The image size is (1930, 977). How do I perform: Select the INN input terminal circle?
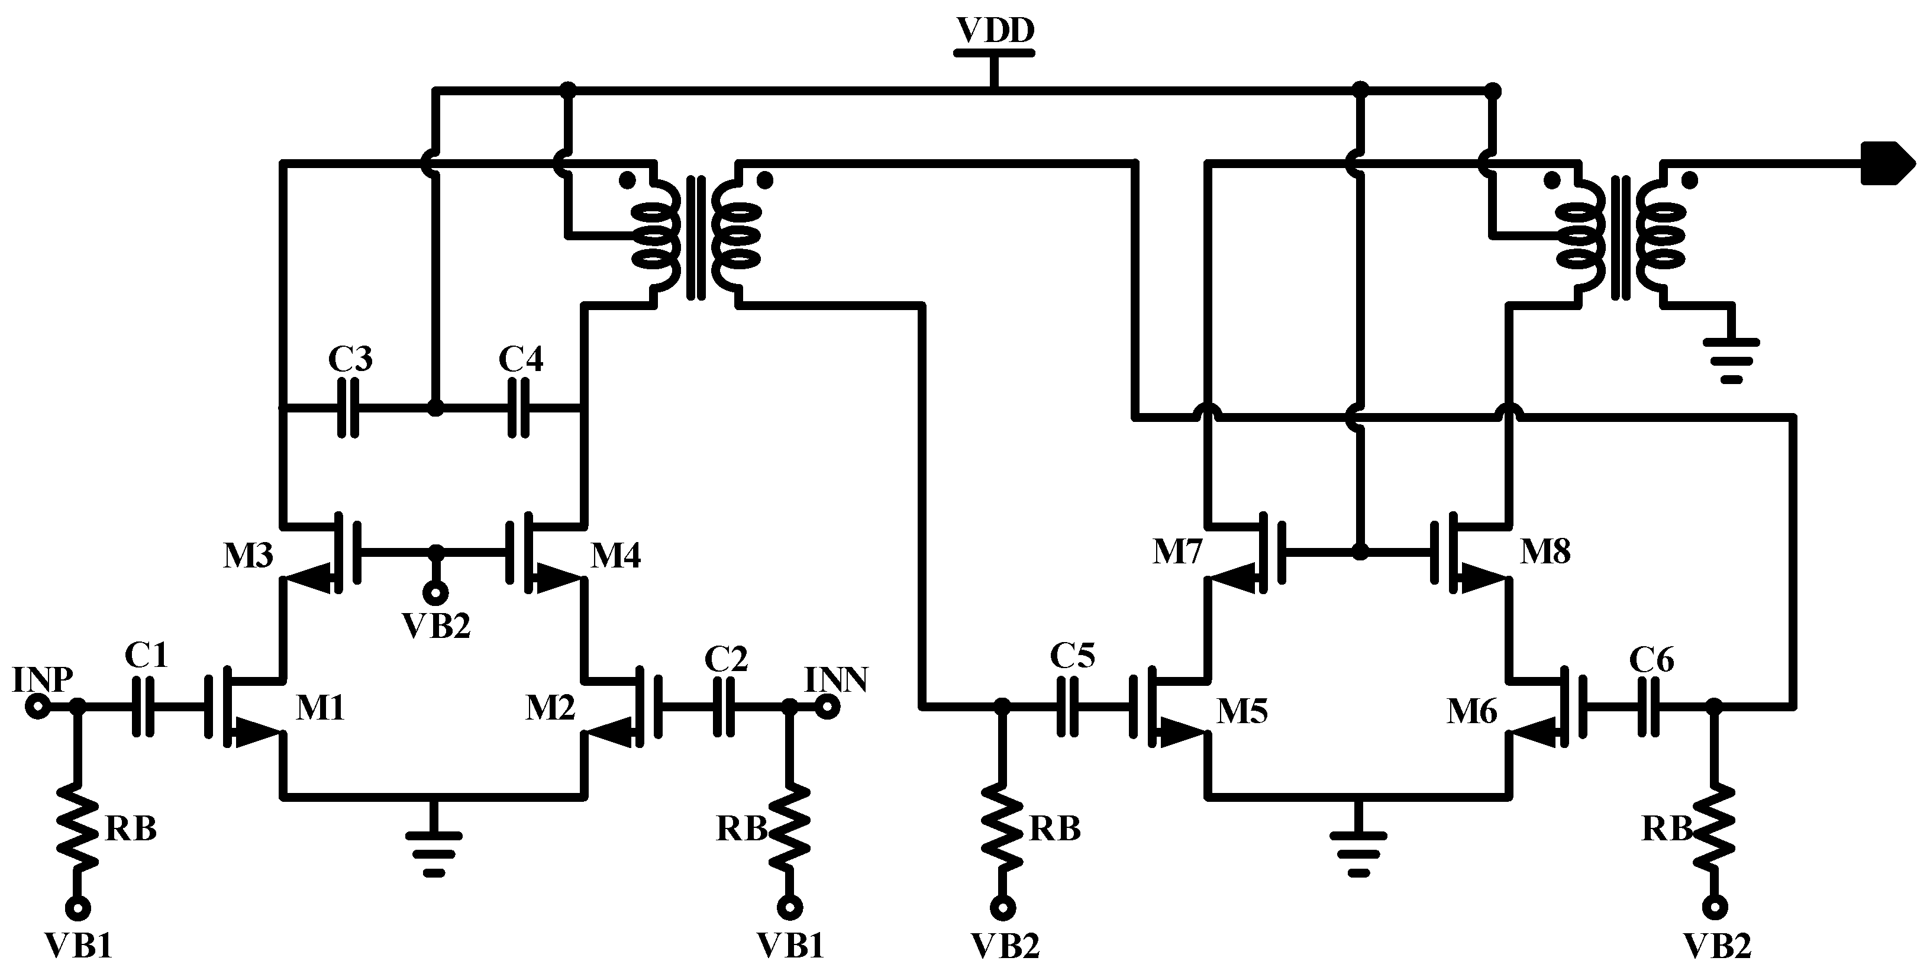pos(827,706)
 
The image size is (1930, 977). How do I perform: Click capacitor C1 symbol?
pos(143,706)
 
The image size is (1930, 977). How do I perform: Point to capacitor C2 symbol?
pos(723,706)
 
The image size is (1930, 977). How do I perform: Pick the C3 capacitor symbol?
pos(348,408)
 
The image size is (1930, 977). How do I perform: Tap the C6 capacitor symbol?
pos(1648,706)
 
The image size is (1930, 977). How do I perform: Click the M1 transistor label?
pos(320,708)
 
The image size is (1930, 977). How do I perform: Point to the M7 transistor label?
pos(1177,552)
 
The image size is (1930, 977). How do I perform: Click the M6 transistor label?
pos(1471,711)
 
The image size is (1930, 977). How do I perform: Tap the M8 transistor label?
pos(1545,552)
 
